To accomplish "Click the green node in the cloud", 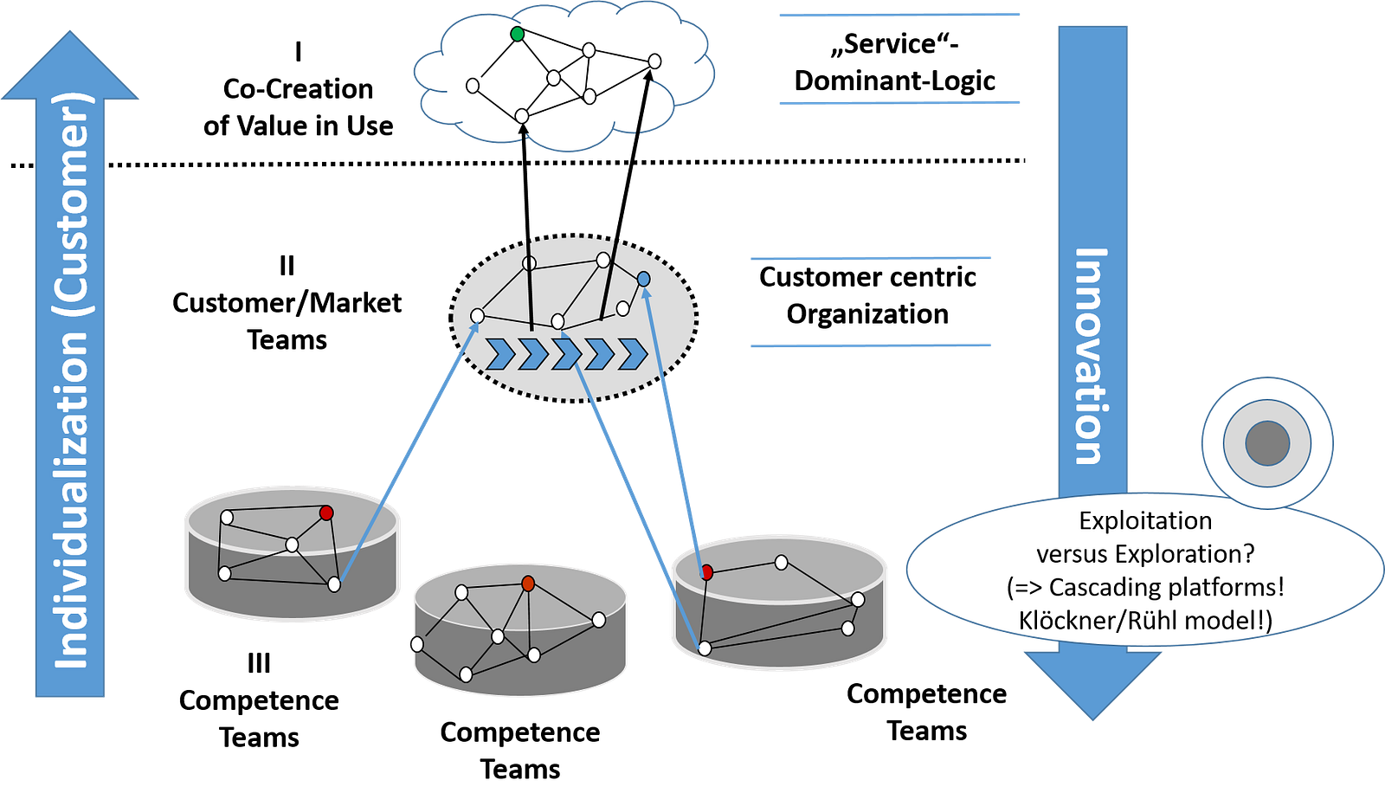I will tap(517, 34).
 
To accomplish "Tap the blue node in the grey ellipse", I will tap(643, 279).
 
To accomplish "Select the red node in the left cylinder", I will tap(326, 513).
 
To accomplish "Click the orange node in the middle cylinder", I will tap(528, 584).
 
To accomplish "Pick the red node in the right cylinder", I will tap(706, 572).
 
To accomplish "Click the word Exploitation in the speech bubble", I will tap(1145, 520).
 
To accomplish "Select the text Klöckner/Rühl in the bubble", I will tap(1098, 620).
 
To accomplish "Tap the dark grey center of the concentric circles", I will tap(1267, 443).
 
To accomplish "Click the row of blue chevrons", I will tap(567, 354).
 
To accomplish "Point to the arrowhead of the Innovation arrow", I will tap(1092, 684).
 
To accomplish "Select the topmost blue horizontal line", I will tap(899, 15).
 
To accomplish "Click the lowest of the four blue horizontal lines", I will tap(870, 345).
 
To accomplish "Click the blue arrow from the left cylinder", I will tap(407, 450).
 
